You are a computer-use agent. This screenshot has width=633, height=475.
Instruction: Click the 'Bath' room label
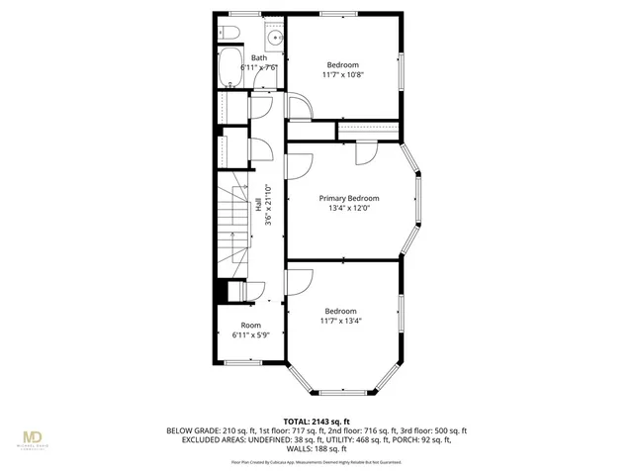click(x=258, y=57)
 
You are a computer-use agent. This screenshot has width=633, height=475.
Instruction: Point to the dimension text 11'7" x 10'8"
click(x=343, y=73)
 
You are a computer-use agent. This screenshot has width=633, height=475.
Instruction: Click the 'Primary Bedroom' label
click(x=349, y=198)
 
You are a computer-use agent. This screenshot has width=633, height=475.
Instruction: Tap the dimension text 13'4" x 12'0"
click(x=349, y=209)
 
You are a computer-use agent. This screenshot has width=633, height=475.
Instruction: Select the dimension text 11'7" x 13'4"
click(x=340, y=320)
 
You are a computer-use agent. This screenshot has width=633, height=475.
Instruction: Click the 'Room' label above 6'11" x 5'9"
click(x=250, y=325)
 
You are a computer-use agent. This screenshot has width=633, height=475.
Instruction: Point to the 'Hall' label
click(x=258, y=205)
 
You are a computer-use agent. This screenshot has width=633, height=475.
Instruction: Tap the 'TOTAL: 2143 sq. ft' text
click(x=317, y=421)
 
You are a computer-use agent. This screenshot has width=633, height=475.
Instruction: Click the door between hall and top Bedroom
click(x=295, y=107)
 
